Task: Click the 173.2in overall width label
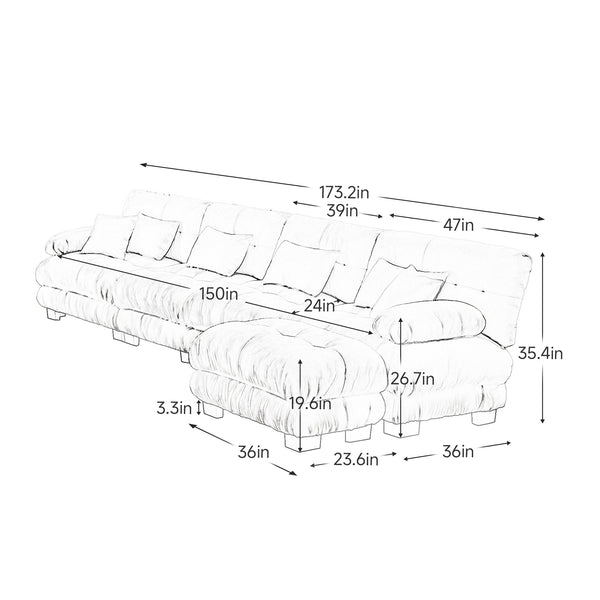[x=344, y=192]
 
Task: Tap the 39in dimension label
[x=342, y=210]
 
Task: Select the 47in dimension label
[x=458, y=225]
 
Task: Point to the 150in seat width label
[x=219, y=294]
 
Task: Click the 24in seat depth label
[x=319, y=305]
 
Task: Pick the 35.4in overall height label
[x=540, y=353]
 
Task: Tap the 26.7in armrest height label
[x=412, y=379]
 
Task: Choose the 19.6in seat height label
[x=310, y=403]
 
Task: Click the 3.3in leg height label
[x=174, y=409]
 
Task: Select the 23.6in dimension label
[x=356, y=459]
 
